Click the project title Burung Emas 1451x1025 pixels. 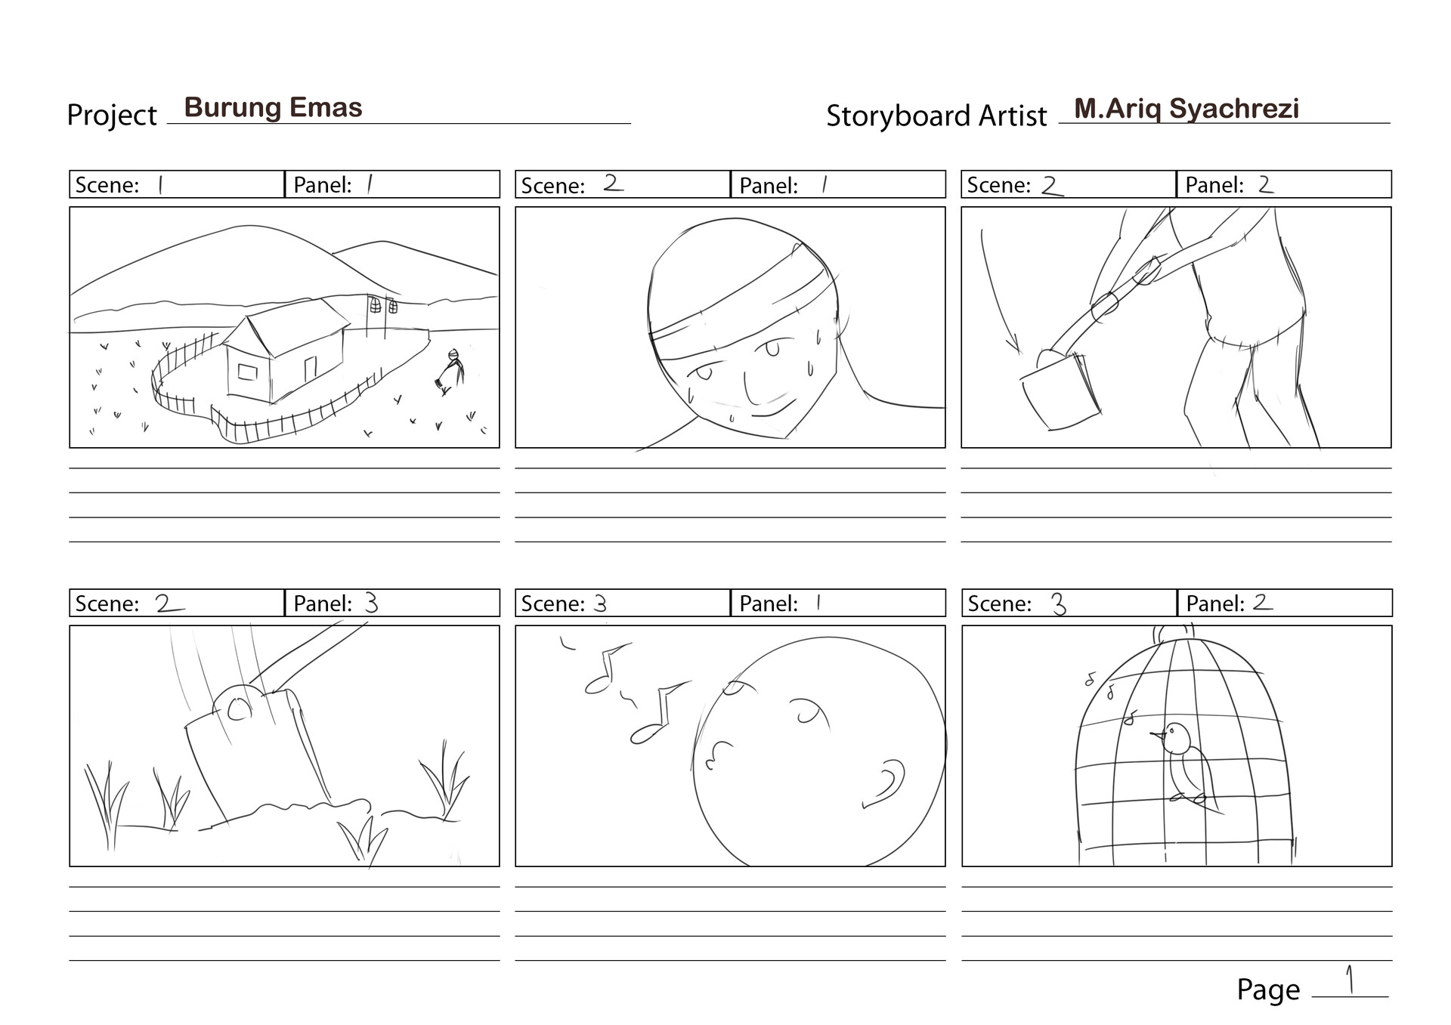coord(273,108)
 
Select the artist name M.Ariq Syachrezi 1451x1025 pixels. coord(1186,109)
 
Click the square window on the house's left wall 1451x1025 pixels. coord(247,372)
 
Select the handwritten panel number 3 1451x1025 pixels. coord(370,602)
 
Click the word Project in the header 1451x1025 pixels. coord(112,116)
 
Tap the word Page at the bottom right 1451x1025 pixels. coord(1267,989)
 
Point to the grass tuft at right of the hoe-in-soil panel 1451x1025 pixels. coord(446,782)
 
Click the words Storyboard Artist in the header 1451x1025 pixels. coord(936,116)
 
